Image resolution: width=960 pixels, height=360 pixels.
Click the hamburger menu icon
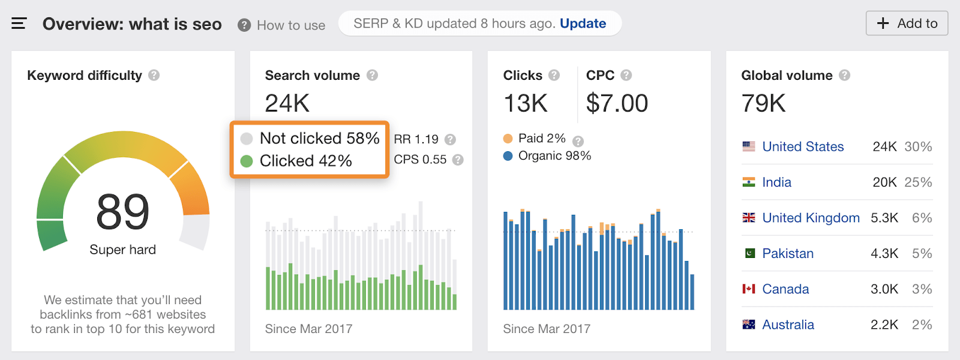click(19, 24)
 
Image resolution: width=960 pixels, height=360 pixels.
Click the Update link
click(583, 23)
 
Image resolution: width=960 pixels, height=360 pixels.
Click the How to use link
click(290, 25)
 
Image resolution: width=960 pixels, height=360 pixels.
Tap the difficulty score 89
click(122, 212)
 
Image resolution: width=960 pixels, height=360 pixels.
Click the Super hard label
click(122, 250)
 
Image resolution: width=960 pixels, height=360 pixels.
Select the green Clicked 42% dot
click(247, 161)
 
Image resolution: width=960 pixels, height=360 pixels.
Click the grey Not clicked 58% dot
click(247, 139)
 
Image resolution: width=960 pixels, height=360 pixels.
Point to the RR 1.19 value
click(416, 139)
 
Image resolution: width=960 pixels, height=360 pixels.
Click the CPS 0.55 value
click(420, 160)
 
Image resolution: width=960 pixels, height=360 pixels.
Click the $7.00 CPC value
click(617, 103)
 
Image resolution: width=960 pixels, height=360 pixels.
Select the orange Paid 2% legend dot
click(508, 139)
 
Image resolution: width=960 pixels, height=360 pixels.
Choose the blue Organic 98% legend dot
click(508, 156)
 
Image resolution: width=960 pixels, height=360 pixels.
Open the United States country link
click(803, 146)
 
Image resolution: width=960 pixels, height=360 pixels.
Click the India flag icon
click(749, 182)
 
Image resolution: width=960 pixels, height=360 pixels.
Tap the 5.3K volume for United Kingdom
click(884, 218)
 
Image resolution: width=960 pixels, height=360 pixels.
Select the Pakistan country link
click(788, 253)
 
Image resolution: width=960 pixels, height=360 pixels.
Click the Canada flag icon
click(749, 289)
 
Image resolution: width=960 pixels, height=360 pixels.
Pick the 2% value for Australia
click(922, 325)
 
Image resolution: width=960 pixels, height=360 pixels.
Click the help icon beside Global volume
click(844, 75)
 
